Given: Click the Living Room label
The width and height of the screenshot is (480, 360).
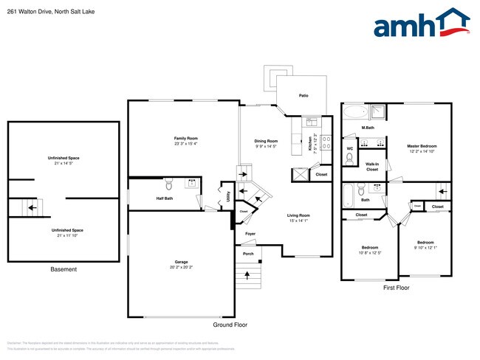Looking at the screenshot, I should pyautogui.click(x=298, y=215).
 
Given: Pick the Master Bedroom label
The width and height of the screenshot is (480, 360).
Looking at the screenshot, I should pyautogui.click(x=422, y=146).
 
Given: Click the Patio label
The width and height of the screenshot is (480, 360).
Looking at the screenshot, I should pyautogui.click(x=303, y=96).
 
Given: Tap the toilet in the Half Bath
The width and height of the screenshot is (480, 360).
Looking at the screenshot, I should pyautogui.click(x=168, y=184).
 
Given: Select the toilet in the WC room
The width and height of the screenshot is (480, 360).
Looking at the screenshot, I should pyautogui.click(x=349, y=157).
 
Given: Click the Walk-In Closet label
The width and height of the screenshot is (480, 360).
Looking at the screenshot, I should pyautogui.click(x=372, y=167).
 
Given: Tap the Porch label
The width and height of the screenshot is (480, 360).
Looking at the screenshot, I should pyautogui.click(x=248, y=255).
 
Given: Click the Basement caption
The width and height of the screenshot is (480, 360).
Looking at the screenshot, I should pyautogui.click(x=64, y=269).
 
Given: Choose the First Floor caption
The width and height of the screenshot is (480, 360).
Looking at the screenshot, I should pyautogui.click(x=396, y=288).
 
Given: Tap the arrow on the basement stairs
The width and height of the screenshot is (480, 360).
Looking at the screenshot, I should pyautogui.click(x=31, y=208).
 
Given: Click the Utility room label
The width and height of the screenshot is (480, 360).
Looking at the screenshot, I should pyautogui.click(x=228, y=195).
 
